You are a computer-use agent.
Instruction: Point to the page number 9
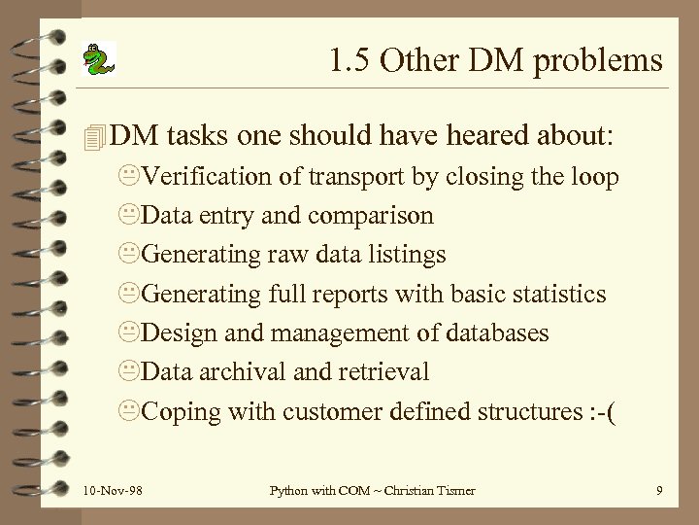tap(659, 492)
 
